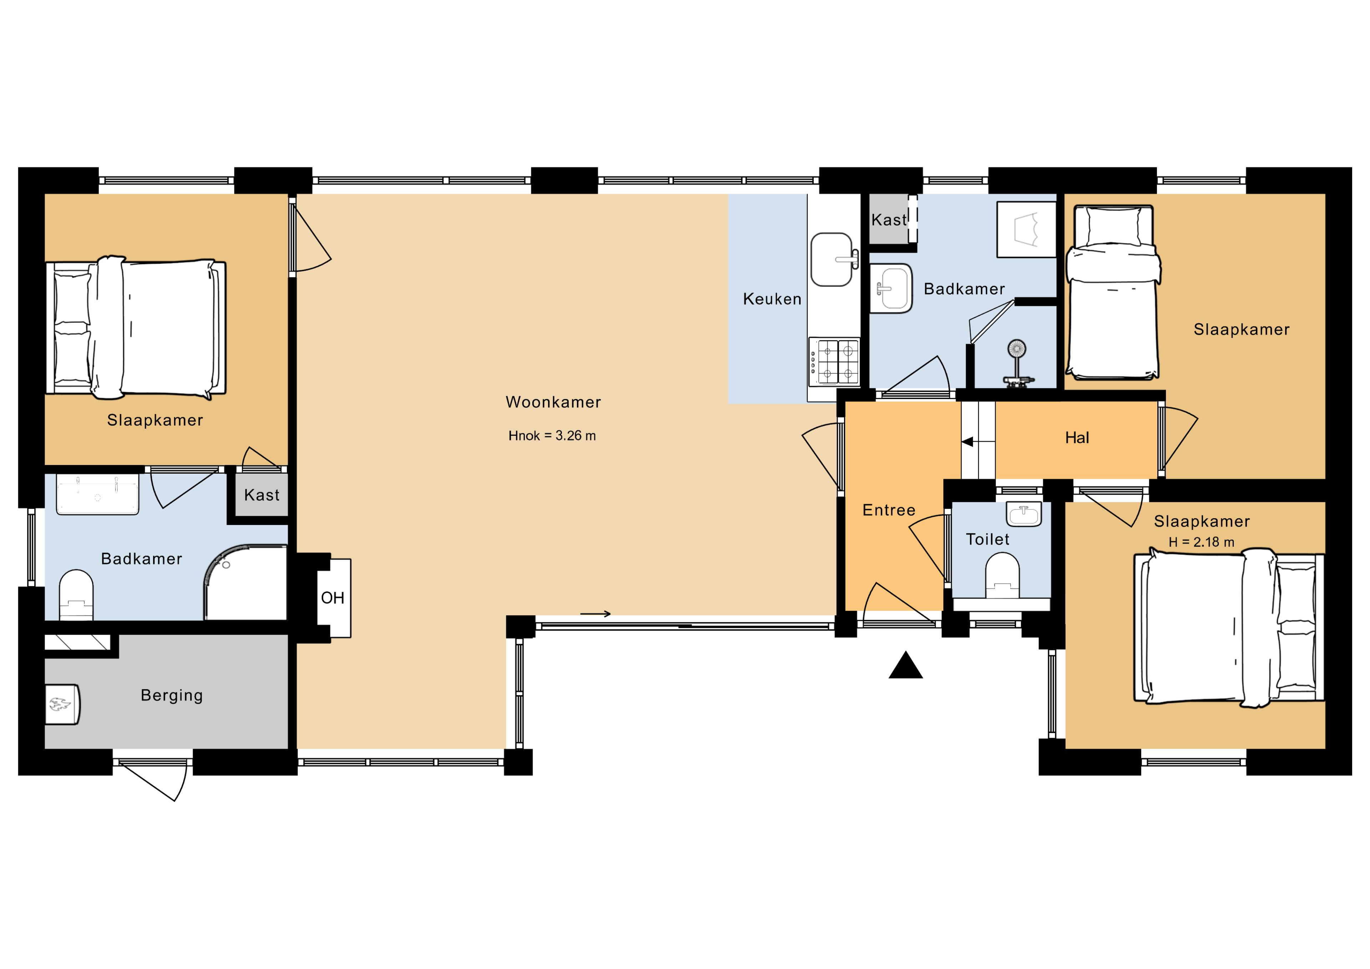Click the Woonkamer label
[553, 402]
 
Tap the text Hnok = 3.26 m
[552, 436]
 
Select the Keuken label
[772, 299]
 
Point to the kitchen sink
[831, 260]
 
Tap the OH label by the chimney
[333, 598]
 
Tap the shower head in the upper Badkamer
[1017, 349]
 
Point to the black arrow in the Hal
[968, 442]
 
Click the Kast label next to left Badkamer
[262, 495]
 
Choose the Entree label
[888, 510]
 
